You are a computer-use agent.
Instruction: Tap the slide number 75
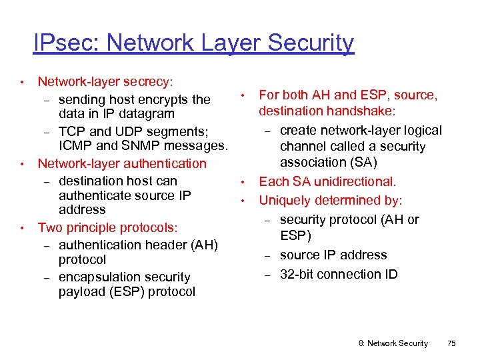point(451,343)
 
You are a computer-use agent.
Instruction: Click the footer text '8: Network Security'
point(393,343)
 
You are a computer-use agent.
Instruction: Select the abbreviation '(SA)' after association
point(366,162)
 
